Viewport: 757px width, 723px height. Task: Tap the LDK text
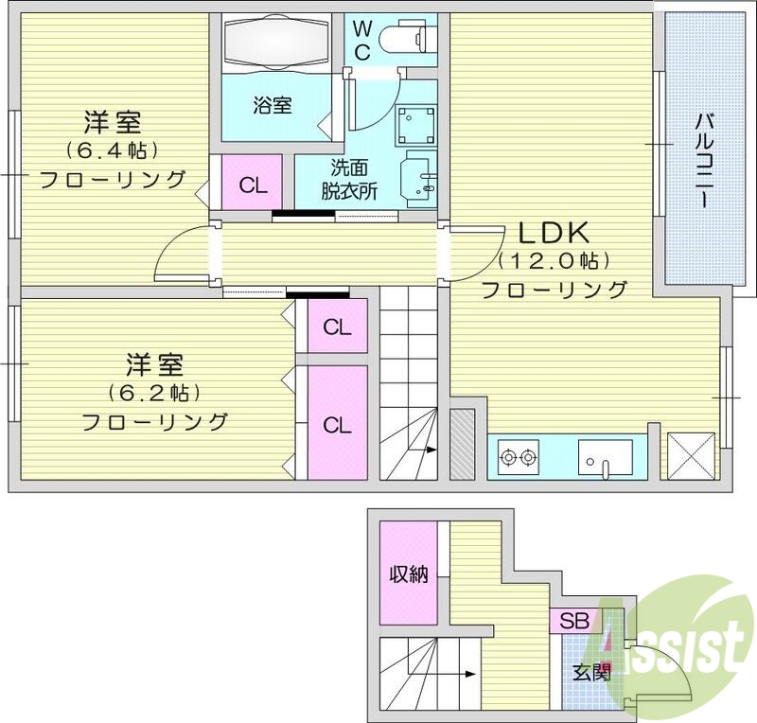pos(553,232)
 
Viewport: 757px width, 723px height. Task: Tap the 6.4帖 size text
pos(112,150)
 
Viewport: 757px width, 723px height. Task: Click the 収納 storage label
pos(409,573)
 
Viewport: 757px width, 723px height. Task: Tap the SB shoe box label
pos(572,622)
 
